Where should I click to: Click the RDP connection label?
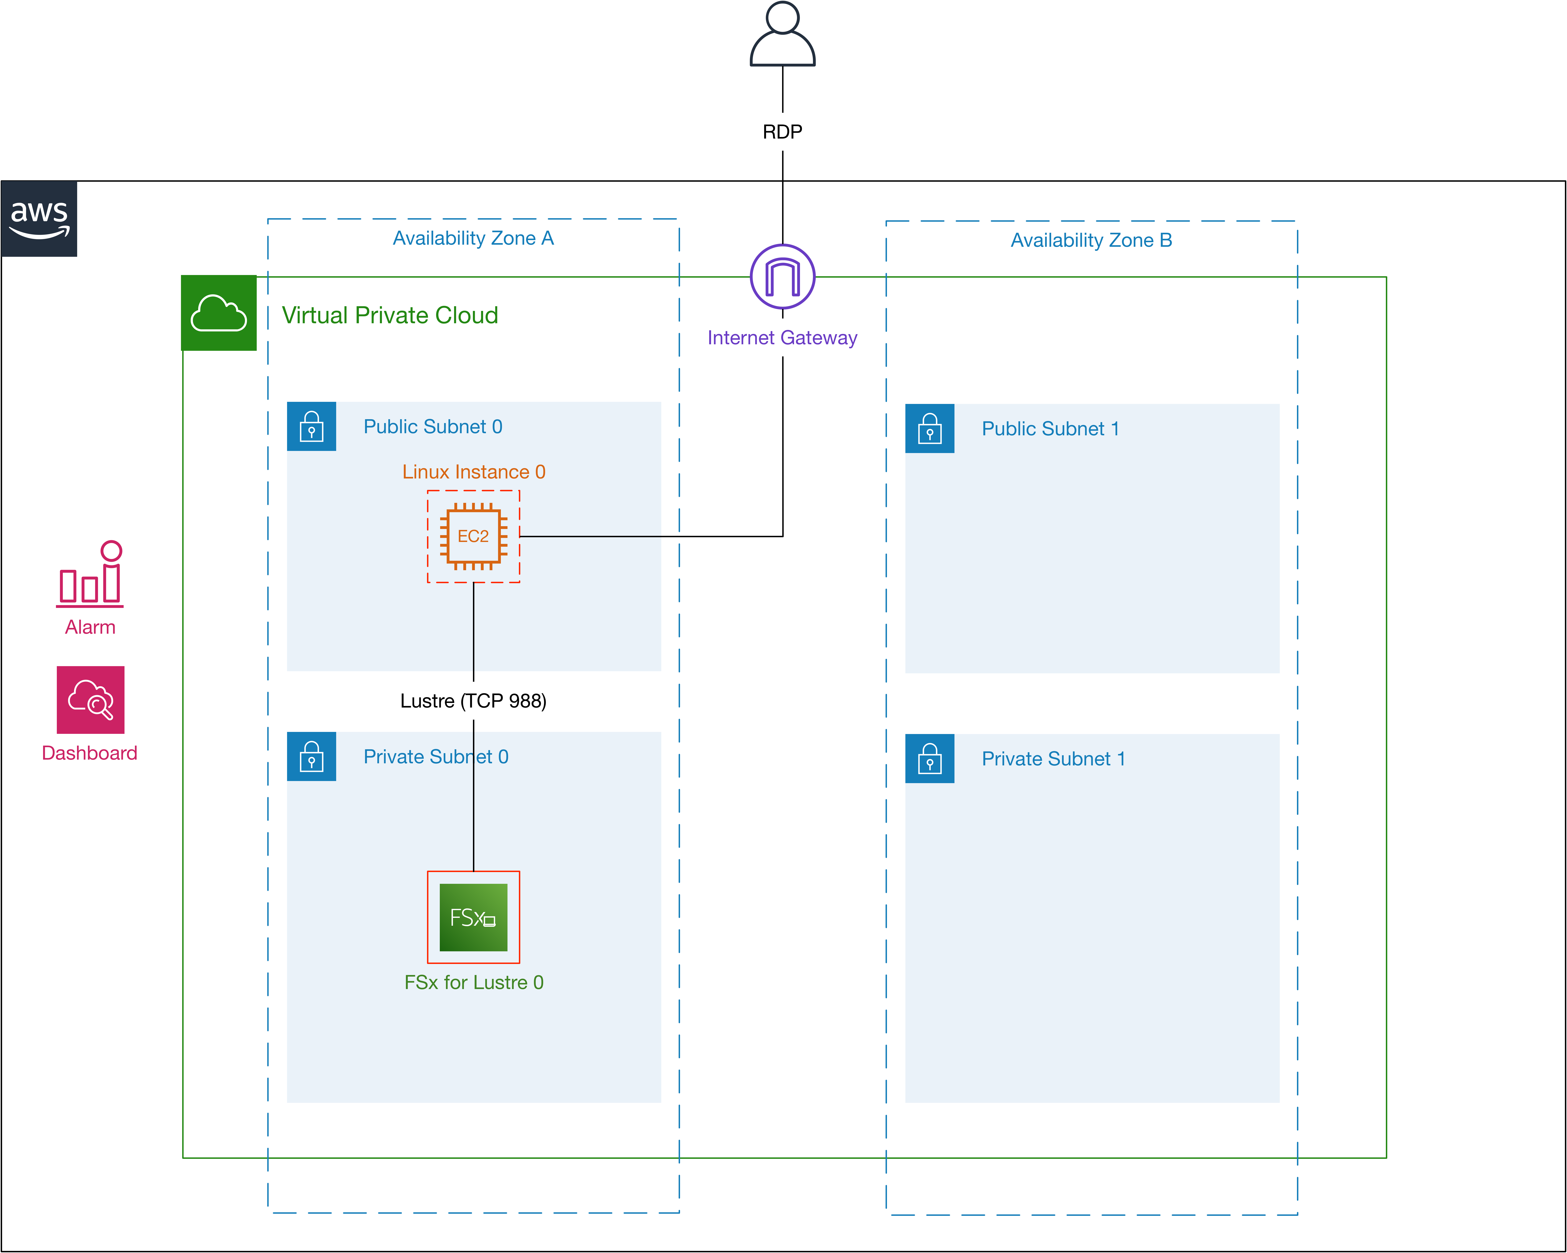782,132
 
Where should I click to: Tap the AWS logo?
39,219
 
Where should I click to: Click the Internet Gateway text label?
782,338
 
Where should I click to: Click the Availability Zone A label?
473,238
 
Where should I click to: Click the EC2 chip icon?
473,536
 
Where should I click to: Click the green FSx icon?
473,917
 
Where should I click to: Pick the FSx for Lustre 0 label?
474,983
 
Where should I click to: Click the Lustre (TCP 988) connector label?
473,701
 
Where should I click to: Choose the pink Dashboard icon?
90,700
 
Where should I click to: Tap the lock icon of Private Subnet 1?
930,759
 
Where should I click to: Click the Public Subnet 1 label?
1050,429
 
